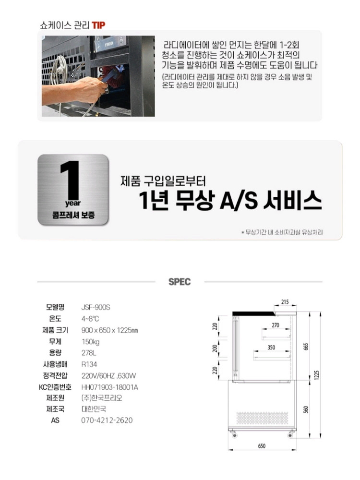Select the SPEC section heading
tap(180, 282)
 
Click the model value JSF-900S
tap(96, 307)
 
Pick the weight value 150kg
tap(91, 341)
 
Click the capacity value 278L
tap(89, 353)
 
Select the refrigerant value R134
tap(90, 364)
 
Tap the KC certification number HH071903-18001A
tap(110, 387)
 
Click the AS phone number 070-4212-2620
tap(107, 420)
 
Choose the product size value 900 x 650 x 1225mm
tap(110, 330)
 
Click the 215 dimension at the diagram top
tap(285, 302)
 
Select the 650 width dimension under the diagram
tap(262, 446)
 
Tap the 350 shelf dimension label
tap(271, 348)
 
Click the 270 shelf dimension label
tap(275, 325)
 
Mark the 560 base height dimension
tap(306, 408)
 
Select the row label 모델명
tap(56, 307)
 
